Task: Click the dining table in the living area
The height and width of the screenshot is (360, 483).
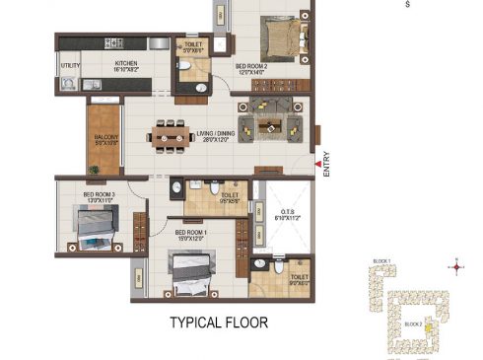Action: tap(173, 132)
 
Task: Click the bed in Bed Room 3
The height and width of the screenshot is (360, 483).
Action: tap(93, 230)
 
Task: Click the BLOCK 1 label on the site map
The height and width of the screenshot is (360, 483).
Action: tap(381, 260)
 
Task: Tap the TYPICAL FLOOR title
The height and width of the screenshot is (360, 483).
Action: tap(218, 322)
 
